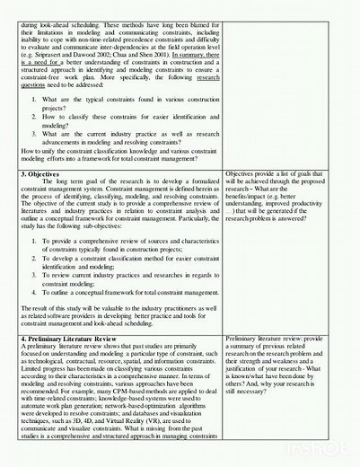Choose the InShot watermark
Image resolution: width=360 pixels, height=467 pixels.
point(333,452)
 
